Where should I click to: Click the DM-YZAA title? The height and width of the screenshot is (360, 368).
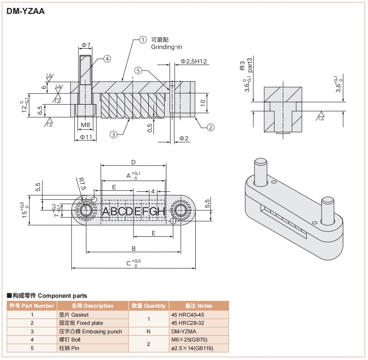(26, 11)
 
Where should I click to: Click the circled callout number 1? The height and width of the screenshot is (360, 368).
(143, 40)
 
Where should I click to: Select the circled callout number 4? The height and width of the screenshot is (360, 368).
(107, 59)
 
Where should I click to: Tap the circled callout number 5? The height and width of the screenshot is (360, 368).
(138, 70)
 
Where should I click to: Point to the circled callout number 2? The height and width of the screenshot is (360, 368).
(210, 127)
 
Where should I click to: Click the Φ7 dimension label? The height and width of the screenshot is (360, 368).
(86, 45)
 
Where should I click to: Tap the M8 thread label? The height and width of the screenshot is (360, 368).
(85, 125)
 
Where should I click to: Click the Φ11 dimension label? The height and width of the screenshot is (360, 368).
(86, 137)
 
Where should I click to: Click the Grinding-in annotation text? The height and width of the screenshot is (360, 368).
(166, 47)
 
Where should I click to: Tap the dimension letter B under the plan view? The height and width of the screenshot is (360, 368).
(134, 248)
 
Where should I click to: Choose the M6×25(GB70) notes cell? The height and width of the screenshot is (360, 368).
(189, 340)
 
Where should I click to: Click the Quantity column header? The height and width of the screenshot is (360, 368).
(149, 306)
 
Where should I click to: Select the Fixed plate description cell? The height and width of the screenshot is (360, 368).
(81, 323)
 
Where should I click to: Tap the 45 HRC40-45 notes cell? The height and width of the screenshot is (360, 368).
(188, 315)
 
